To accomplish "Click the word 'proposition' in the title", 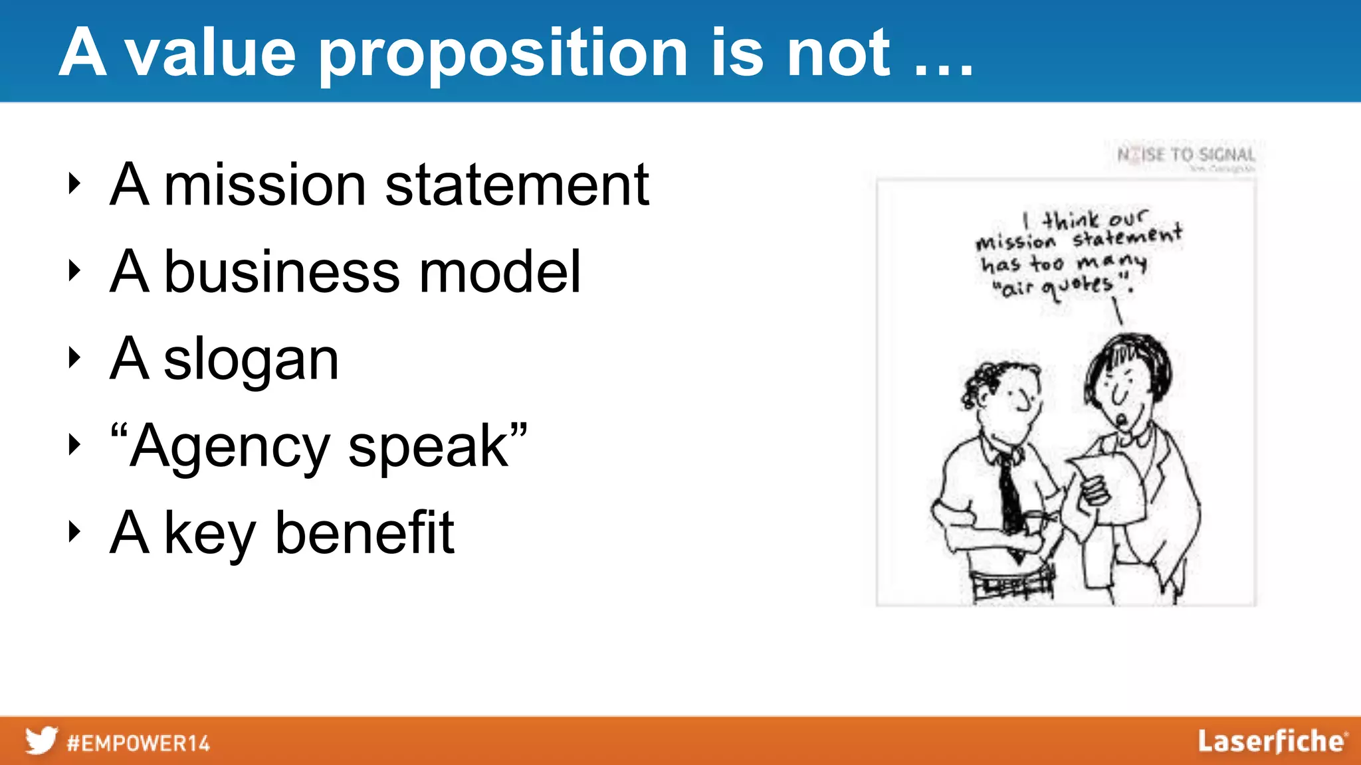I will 502,54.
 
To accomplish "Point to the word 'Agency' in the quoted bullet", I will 230,446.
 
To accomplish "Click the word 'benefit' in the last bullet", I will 364,533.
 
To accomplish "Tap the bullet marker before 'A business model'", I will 74,271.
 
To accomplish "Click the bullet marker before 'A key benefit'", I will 74,532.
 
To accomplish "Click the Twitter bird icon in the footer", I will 41,740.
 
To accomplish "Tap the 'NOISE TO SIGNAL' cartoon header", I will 1186,155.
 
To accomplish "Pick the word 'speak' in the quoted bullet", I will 429,446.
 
